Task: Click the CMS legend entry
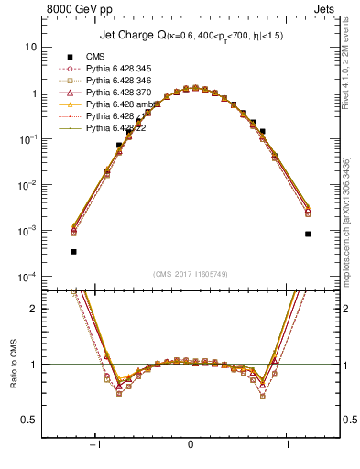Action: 96,56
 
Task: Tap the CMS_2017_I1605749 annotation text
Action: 191,274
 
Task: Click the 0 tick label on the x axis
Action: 191,444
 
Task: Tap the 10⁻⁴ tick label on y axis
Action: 29,277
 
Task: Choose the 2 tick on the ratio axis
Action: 33,309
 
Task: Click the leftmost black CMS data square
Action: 73,251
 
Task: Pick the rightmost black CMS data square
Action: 308,234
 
